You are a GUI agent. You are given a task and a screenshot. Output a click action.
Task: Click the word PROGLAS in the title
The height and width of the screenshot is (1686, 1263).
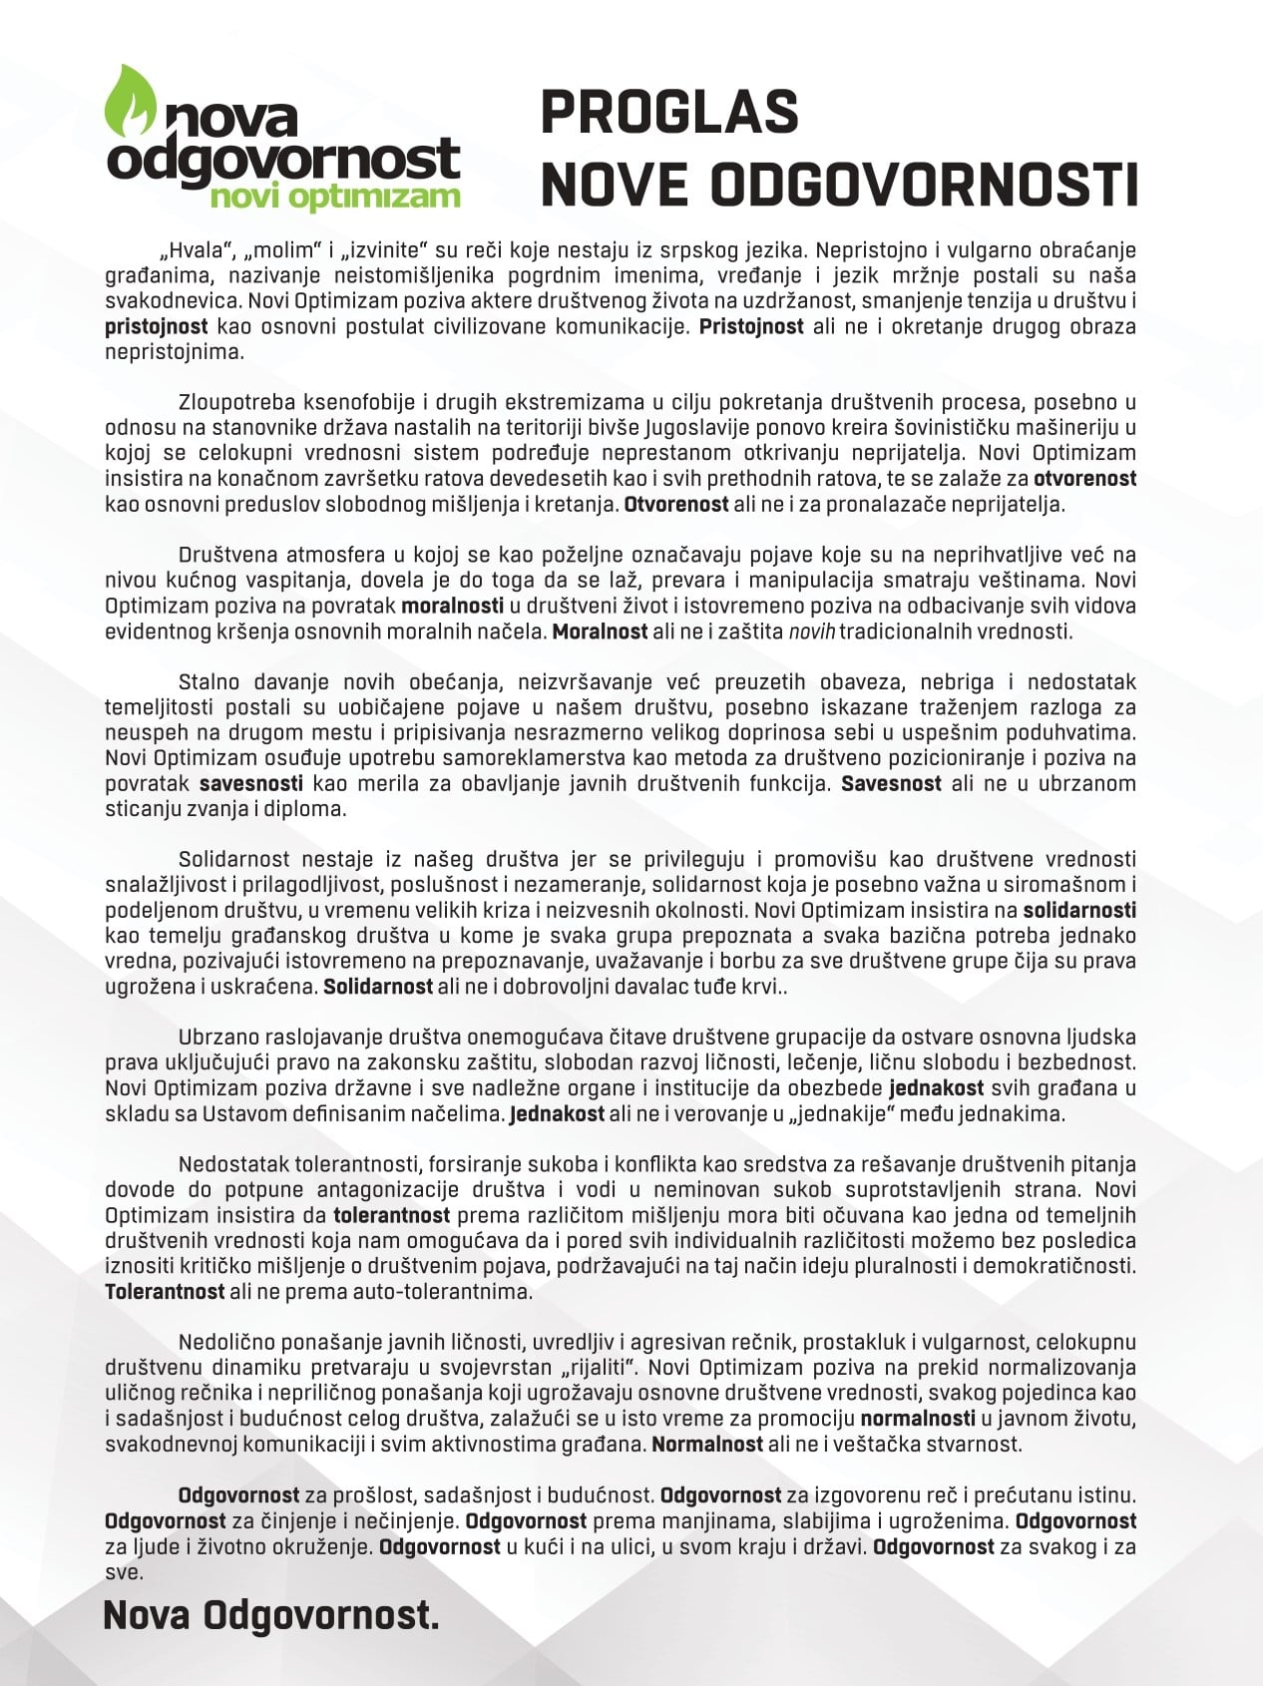(x=669, y=112)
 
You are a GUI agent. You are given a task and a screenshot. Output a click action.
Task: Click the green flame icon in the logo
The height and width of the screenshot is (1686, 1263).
(x=131, y=102)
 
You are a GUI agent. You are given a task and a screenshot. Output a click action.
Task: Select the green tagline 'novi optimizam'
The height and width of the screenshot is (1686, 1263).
(x=335, y=197)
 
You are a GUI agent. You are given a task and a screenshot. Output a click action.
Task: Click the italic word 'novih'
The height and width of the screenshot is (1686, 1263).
(x=811, y=632)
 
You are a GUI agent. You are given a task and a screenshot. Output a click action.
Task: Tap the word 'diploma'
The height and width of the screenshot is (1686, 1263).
(x=310, y=809)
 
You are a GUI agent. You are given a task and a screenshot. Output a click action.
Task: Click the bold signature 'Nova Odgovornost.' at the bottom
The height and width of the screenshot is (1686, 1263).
(x=270, y=1615)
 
